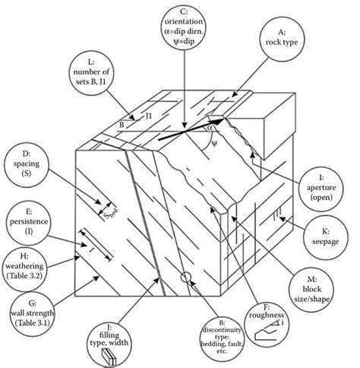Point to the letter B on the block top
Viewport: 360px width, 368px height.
point(121,122)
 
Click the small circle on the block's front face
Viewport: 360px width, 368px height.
point(186,277)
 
